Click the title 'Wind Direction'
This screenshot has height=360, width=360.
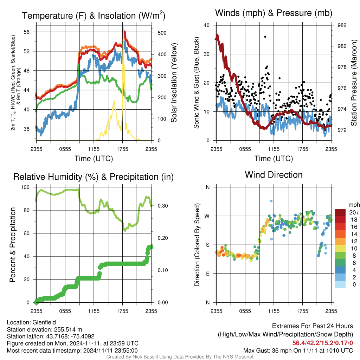pos(274,175)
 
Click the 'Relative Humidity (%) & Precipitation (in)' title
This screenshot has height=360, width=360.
pos(94,177)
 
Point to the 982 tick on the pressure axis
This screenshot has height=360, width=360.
pos(342,25)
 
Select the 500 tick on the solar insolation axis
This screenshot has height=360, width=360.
pos(162,33)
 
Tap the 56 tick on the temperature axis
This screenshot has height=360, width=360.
pos(27,32)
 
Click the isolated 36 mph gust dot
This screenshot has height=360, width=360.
pos(265,37)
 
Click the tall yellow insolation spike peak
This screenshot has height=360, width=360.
pos(123,26)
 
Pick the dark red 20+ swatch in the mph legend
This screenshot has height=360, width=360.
pos(340,212)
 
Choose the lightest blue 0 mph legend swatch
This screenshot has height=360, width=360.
pos(340,284)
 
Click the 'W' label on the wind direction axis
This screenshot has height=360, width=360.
pos(207,216)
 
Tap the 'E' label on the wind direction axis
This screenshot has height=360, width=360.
pos(208,274)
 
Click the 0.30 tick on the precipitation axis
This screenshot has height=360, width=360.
pos(163,206)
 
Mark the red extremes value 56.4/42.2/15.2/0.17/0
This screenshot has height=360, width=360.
pos(323,343)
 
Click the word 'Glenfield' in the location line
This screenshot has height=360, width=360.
pos(44,322)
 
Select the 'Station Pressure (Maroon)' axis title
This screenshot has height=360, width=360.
pos(354,83)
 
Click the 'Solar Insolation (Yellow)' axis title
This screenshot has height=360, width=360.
pos(174,83)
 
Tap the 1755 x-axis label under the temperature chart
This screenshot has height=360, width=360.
pos(122,149)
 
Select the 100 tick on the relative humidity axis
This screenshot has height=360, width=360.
pos(25,187)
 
